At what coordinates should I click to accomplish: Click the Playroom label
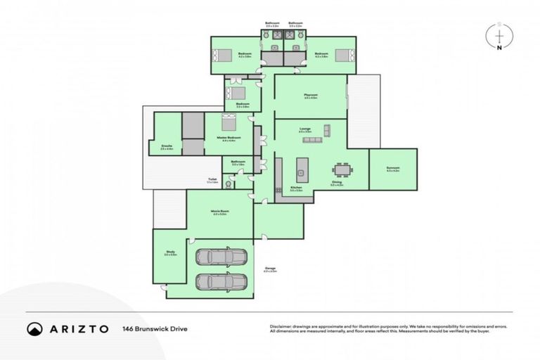(x=311, y=96)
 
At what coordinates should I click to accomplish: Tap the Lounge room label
(x=305, y=129)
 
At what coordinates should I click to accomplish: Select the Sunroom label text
(x=392, y=169)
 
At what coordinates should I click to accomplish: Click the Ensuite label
(x=167, y=146)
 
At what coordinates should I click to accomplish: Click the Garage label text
(x=270, y=268)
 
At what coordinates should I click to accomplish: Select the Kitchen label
(x=297, y=188)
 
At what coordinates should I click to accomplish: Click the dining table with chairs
(x=342, y=169)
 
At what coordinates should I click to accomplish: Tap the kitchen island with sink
(x=302, y=167)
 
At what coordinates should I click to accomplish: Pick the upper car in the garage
(x=219, y=257)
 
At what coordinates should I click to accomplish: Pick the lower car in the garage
(x=219, y=281)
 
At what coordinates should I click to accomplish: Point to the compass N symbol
(x=499, y=49)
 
